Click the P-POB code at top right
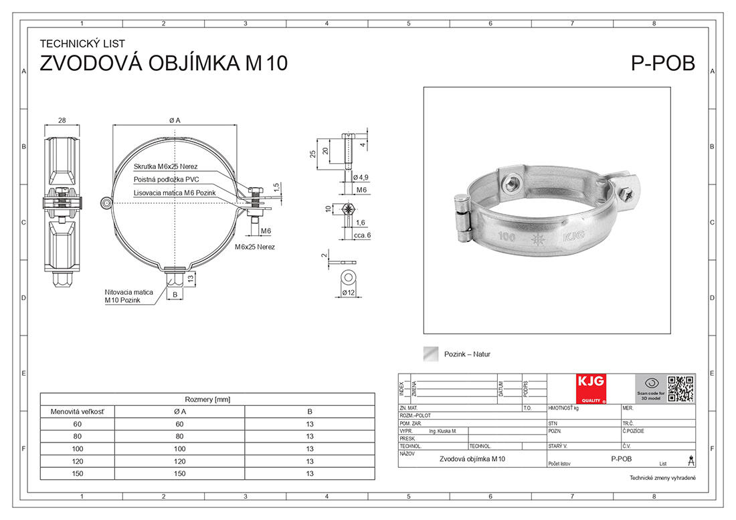pyautogui.click(x=662, y=63)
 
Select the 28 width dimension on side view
pyautogui.click(x=62, y=120)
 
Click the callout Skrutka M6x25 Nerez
pyautogui.click(x=165, y=166)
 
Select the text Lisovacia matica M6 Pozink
pyautogui.click(x=175, y=192)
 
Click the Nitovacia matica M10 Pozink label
pyautogui.click(x=128, y=296)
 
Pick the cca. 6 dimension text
pyautogui.click(x=361, y=235)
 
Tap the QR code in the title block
pyautogui.click(x=680, y=388)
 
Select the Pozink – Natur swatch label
pyautogui.click(x=467, y=354)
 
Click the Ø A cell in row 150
pyautogui.click(x=179, y=473)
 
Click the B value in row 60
pyautogui.click(x=310, y=424)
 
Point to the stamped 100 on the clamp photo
pyautogui.click(x=507, y=237)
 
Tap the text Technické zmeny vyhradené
pyautogui.click(x=662, y=478)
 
